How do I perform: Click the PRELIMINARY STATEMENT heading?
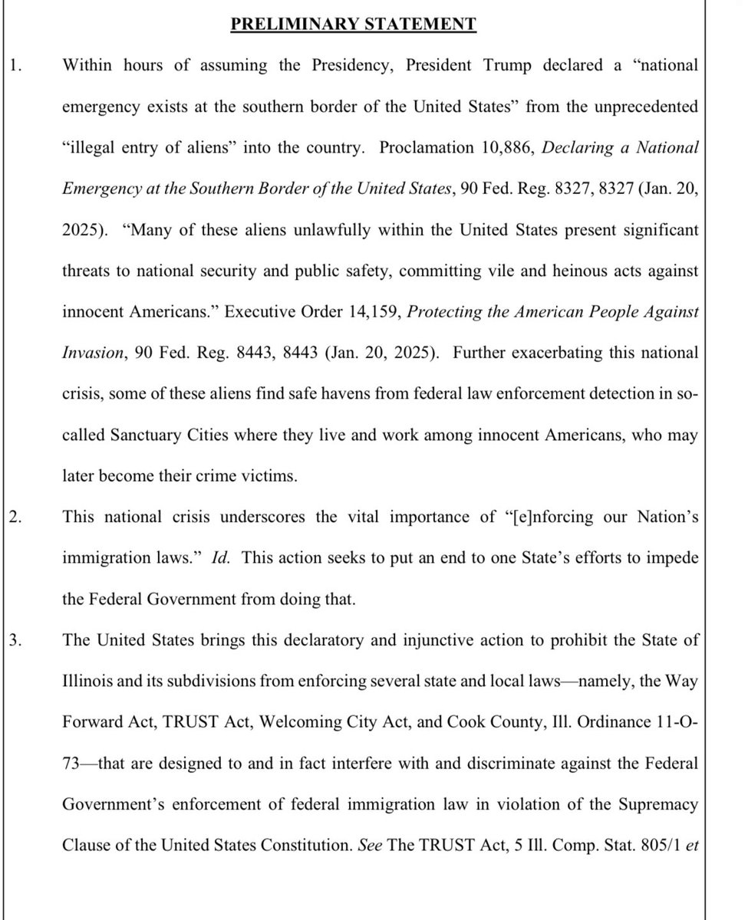click(x=354, y=24)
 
